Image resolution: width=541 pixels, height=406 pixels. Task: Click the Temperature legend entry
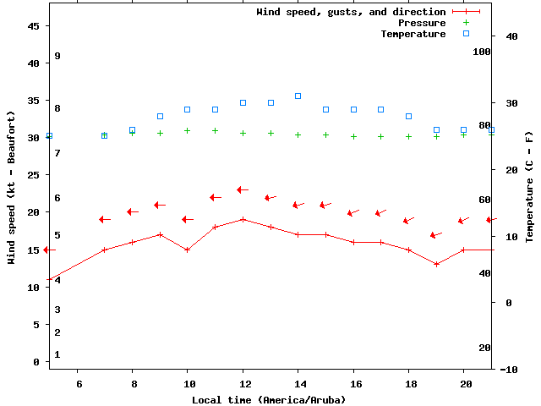[413, 34]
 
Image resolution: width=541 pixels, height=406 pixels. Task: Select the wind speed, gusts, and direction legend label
[351, 12]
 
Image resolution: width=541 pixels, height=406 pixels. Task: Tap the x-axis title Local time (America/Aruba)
[269, 399]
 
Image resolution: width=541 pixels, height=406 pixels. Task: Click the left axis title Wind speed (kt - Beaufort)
[12, 186]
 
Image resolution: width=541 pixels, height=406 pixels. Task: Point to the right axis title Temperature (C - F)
[529, 186]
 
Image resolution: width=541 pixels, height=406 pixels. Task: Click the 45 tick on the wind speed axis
[34, 26]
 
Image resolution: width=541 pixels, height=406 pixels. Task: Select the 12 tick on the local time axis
[243, 383]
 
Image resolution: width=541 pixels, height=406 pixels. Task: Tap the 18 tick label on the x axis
[408, 383]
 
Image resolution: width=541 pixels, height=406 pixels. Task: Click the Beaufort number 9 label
[57, 56]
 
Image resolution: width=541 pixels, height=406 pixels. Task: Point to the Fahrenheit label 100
[482, 52]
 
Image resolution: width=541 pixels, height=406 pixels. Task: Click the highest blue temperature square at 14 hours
[298, 96]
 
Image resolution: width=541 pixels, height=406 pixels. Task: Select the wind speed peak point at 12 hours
[243, 219]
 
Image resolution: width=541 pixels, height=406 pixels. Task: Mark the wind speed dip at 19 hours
[436, 264]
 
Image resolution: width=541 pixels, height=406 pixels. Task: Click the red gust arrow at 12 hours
[243, 189]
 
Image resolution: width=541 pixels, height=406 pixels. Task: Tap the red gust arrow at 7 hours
[105, 219]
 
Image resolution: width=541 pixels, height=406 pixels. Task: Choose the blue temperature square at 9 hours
[160, 116]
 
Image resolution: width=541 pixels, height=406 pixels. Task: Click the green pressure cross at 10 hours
[188, 130]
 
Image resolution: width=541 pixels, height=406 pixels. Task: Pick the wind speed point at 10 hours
[188, 250]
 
